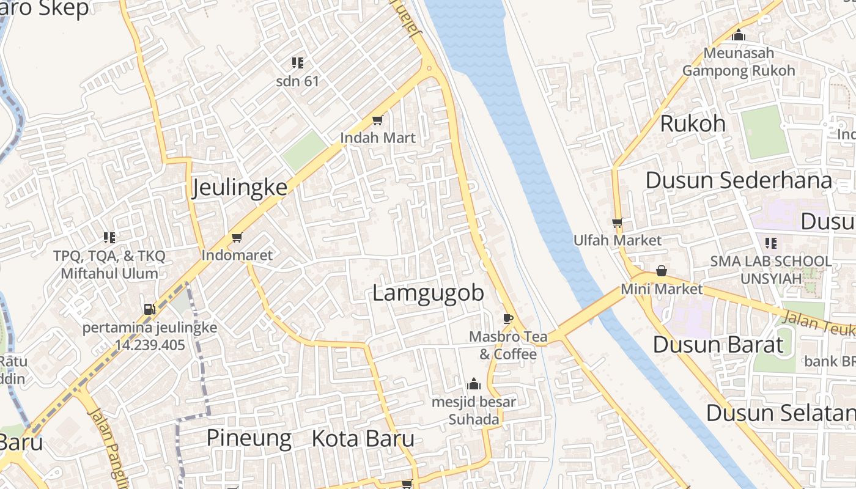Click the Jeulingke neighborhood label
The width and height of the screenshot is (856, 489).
[240, 187]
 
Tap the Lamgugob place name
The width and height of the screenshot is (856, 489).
[428, 293]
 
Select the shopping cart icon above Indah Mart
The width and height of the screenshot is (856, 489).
[378, 120]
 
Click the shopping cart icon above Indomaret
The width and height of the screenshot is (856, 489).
[237, 237]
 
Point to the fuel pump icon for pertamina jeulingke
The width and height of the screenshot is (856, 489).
[149, 309]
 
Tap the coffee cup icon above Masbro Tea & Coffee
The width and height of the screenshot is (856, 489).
[507, 318]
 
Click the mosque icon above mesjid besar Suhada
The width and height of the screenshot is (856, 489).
[474, 384]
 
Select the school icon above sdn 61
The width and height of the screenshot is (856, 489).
[298, 62]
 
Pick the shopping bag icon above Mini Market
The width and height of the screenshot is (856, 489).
[661, 270]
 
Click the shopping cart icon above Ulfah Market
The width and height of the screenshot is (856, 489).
[617, 222]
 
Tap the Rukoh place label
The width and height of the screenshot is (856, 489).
[693, 123]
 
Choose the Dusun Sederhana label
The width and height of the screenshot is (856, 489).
[739, 180]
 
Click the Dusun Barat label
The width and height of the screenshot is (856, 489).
[718, 344]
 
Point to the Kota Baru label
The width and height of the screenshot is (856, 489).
[363, 438]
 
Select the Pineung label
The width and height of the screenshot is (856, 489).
[249, 438]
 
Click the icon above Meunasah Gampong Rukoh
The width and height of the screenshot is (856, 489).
[739, 35]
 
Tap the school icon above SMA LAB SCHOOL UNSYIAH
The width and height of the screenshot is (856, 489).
[770, 243]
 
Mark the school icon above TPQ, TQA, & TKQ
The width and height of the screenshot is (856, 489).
[109, 237]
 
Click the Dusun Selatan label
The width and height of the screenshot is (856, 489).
[780, 413]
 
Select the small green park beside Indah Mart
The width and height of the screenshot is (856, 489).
[304, 150]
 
